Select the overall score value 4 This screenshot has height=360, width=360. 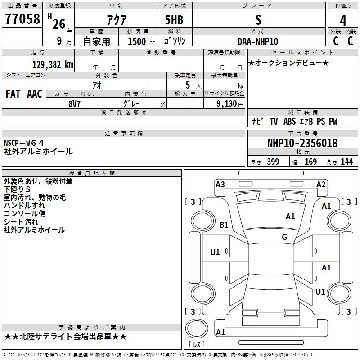[x=343, y=20]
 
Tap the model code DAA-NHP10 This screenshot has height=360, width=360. [x=258, y=41]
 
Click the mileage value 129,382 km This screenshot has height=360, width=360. [x=53, y=64]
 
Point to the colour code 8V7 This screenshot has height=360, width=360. [x=75, y=103]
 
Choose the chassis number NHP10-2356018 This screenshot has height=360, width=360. [x=302, y=143]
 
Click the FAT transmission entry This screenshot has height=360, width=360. [x=13, y=94]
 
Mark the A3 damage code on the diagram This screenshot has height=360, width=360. [x=220, y=184]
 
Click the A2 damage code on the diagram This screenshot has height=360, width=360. [x=321, y=184]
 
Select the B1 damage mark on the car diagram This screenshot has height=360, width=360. [x=224, y=225]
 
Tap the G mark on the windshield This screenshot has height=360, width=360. [x=284, y=237]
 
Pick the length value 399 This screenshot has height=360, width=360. [x=273, y=162]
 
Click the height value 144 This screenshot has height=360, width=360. [x=346, y=162]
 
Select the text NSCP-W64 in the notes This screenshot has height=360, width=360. [x=31, y=143]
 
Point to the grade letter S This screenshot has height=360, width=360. [x=258, y=20]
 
